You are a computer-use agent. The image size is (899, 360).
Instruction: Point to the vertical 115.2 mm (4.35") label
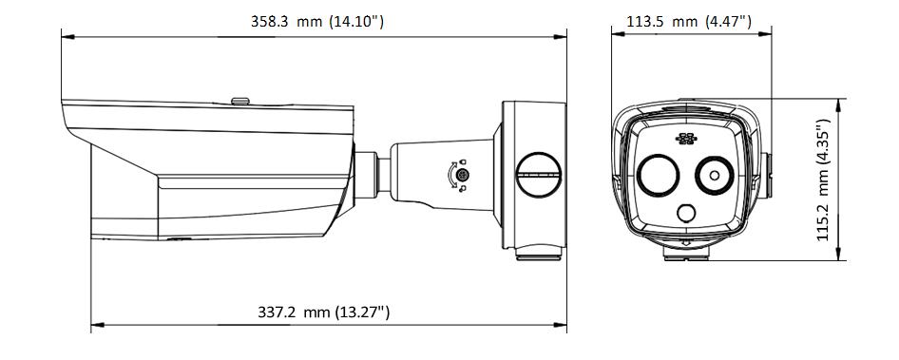click(825, 180)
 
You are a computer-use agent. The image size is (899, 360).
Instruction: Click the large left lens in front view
click(655, 175)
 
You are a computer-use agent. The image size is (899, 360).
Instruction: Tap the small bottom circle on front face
click(684, 213)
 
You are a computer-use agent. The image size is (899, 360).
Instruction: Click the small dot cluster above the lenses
click(684, 140)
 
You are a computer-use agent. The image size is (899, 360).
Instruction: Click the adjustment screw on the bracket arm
click(462, 176)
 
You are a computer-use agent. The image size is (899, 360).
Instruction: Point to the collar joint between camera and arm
click(378, 171)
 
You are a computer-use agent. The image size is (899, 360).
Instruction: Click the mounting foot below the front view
click(684, 253)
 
